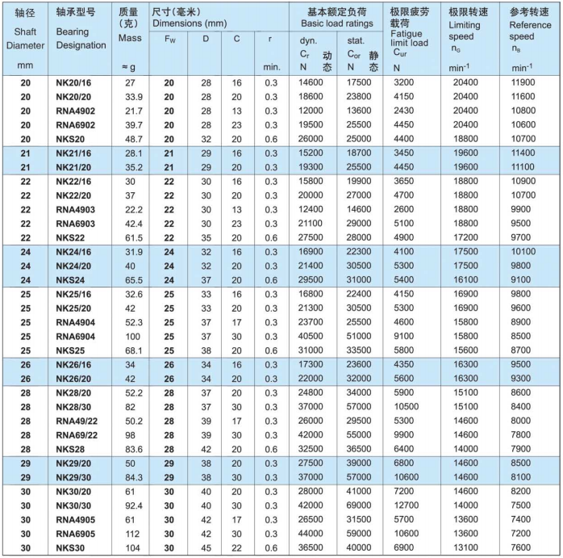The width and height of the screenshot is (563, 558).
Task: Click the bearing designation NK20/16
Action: (74, 82)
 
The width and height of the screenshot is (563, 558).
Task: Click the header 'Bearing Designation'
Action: (81, 38)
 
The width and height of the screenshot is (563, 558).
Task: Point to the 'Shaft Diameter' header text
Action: (25, 38)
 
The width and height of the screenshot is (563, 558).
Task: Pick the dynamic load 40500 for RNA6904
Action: (311, 337)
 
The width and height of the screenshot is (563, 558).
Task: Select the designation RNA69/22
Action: (77, 434)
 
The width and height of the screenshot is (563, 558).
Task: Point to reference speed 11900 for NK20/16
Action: (527, 82)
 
